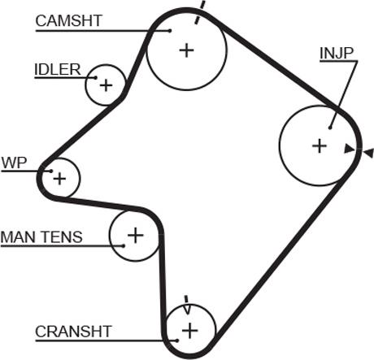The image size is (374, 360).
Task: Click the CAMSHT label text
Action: (69, 20)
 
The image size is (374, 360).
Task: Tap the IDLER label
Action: (58, 70)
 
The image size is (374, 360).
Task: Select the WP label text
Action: (14, 163)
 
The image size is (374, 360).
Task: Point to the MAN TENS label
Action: (41, 236)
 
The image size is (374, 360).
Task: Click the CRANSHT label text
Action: (73, 332)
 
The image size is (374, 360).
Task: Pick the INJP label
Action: (337, 53)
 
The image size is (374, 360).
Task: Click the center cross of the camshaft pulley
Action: (187, 50)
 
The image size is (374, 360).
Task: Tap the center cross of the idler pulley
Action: (107, 85)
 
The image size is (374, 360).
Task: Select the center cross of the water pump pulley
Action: (59, 179)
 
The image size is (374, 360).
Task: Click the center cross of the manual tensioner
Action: (135, 235)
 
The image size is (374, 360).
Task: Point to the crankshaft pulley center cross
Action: (190, 330)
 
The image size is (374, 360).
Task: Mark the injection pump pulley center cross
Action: (320, 146)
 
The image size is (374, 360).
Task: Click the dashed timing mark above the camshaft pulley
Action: (200, 12)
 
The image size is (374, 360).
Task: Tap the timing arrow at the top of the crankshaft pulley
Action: (187, 305)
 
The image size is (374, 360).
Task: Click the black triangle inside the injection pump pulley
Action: (350, 149)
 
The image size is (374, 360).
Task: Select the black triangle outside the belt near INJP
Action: (368, 153)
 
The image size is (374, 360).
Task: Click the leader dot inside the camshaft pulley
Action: (170, 31)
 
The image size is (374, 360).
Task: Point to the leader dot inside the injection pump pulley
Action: (330, 128)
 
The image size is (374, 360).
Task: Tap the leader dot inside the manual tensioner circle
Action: (124, 246)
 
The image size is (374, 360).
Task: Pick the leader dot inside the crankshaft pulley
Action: (177, 340)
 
